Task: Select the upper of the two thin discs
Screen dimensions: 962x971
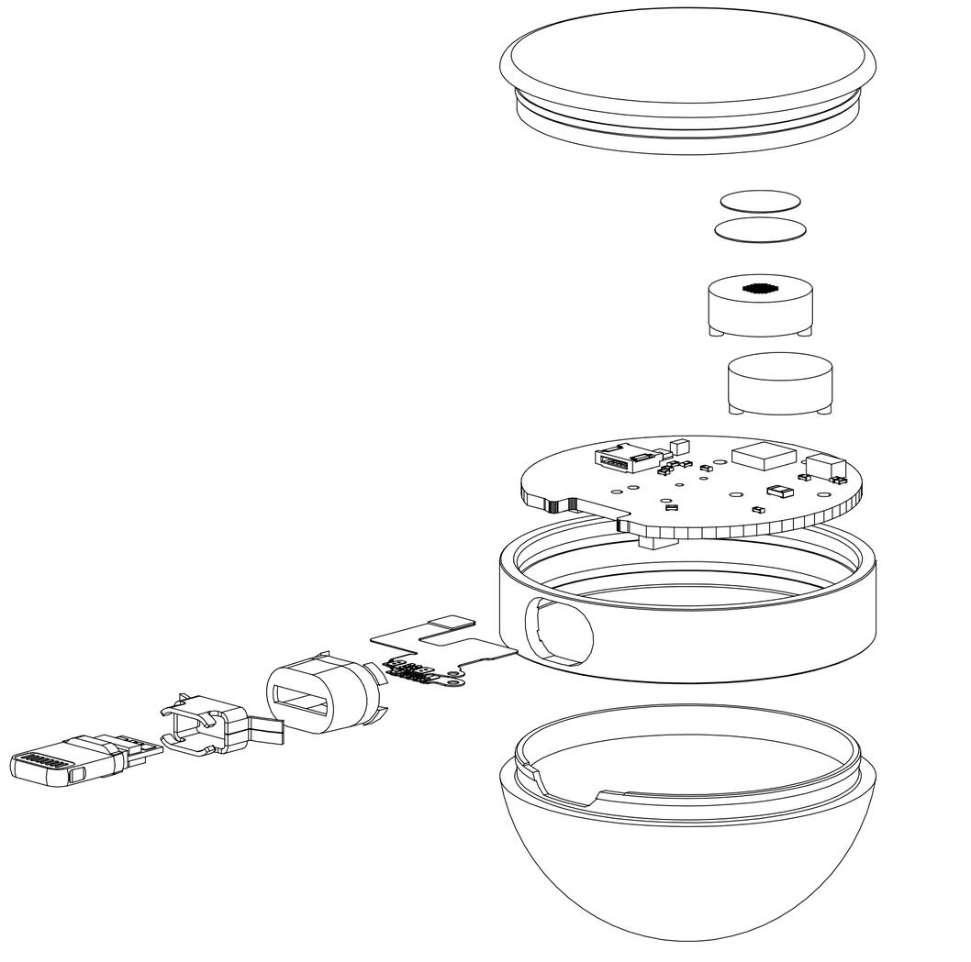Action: click(x=759, y=202)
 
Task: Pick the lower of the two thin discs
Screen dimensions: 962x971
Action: click(x=759, y=229)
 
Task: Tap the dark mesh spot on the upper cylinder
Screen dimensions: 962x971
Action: click(x=760, y=288)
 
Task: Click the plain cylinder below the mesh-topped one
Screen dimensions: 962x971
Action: click(x=781, y=385)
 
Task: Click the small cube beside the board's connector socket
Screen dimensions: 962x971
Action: click(x=680, y=447)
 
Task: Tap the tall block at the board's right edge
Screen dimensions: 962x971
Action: click(x=824, y=466)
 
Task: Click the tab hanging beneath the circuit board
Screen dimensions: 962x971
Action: click(x=653, y=542)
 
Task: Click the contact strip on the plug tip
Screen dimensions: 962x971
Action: click(x=42, y=760)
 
